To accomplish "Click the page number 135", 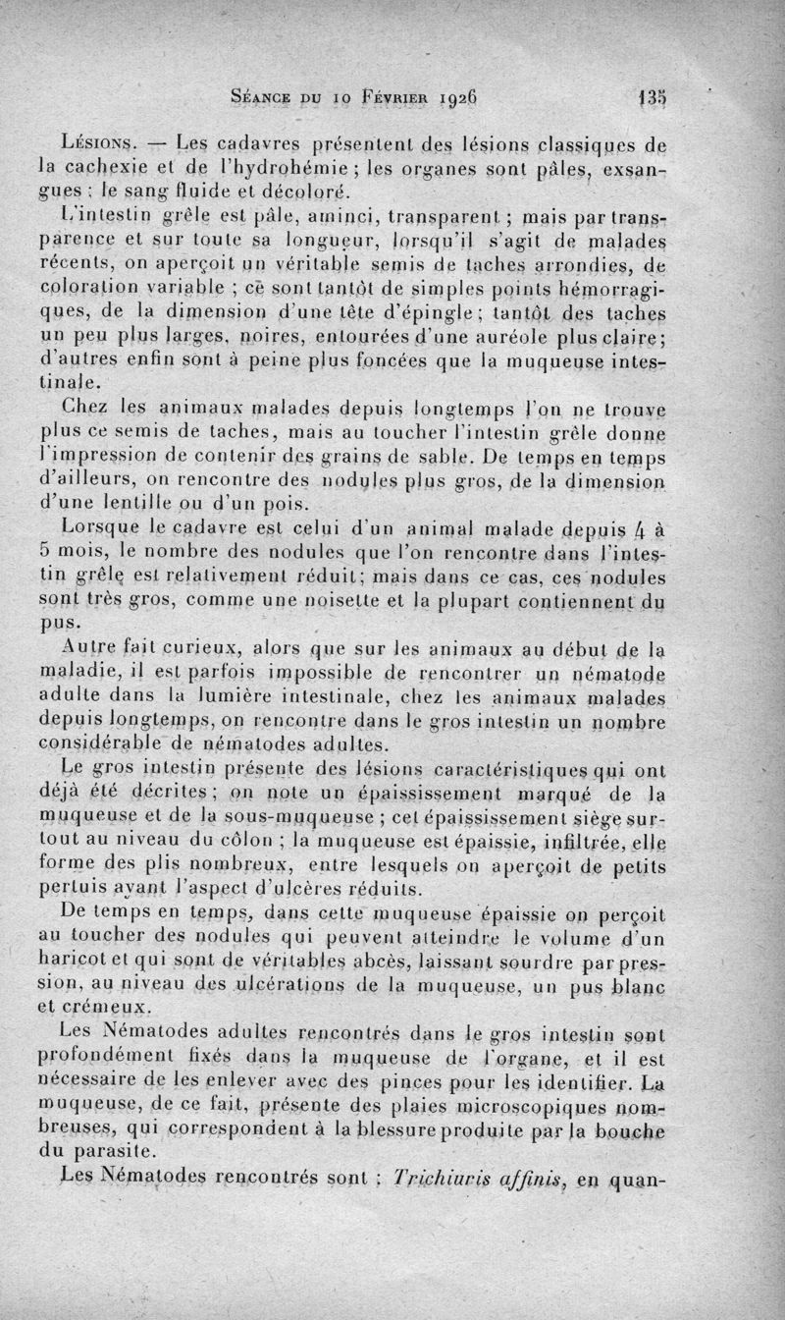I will (651, 98).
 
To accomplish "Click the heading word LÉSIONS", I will (101, 145).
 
